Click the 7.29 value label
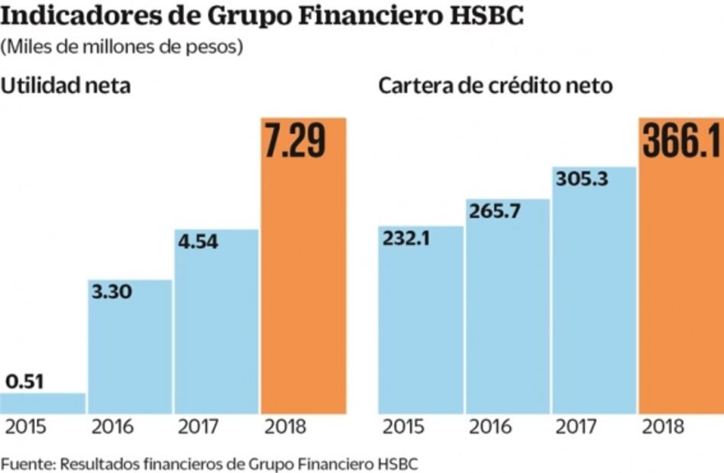tap(295, 142)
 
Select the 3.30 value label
tap(112, 292)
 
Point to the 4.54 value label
tap(198, 243)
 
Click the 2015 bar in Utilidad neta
tap(43, 403)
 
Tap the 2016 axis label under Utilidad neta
tap(112, 426)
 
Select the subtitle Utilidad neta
tap(66, 85)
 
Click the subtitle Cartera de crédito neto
tap(495, 85)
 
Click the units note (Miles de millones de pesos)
tap(122, 47)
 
